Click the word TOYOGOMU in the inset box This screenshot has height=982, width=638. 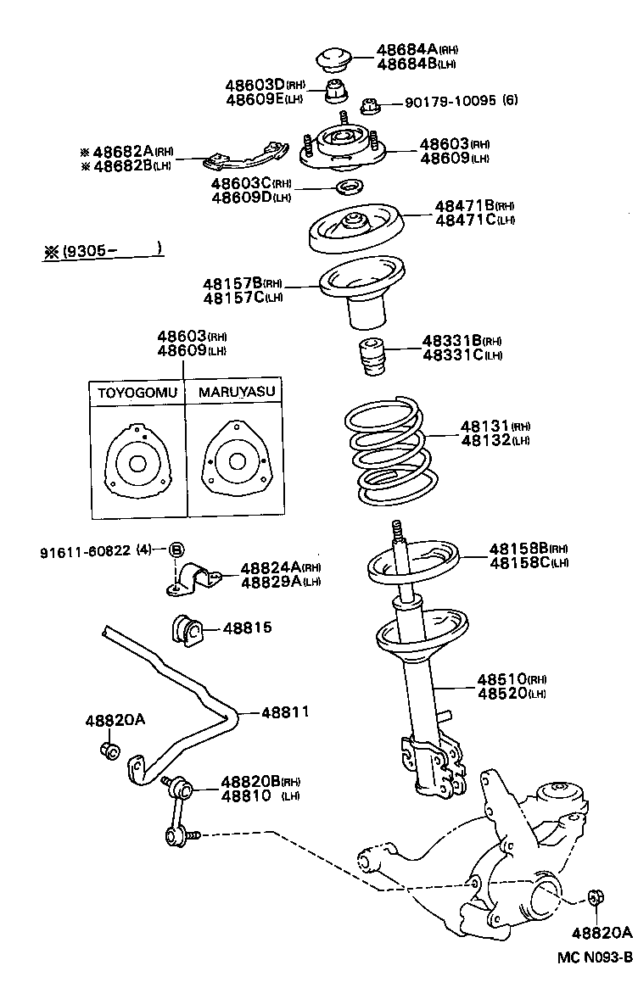[x=137, y=393]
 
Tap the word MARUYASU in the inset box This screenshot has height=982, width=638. [x=235, y=393]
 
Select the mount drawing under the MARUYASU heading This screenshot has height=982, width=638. [x=233, y=463]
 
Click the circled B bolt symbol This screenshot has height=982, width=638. [x=176, y=550]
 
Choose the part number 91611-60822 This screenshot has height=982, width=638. [x=85, y=550]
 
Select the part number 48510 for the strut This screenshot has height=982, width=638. [x=500, y=680]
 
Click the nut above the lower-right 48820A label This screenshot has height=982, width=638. [x=596, y=896]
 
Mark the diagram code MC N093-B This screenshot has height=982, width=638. [x=595, y=957]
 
